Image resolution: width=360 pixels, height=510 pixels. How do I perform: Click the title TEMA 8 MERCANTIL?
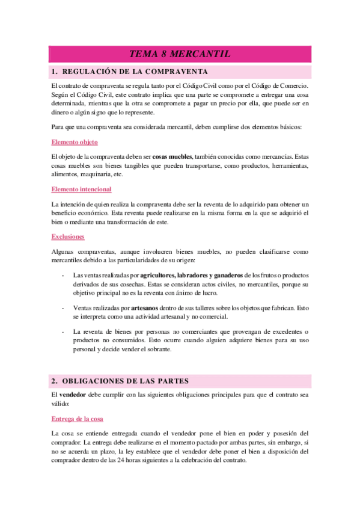pos(180,54)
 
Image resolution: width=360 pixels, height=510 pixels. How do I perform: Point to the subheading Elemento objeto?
pos(75,142)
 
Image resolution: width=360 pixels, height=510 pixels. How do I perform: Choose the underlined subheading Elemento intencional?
pos(81,189)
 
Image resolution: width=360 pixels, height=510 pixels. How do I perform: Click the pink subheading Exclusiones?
pos(68,236)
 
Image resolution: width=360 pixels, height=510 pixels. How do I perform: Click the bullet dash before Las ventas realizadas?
pos(64,275)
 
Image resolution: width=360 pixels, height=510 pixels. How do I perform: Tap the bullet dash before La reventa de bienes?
pos(64,331)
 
